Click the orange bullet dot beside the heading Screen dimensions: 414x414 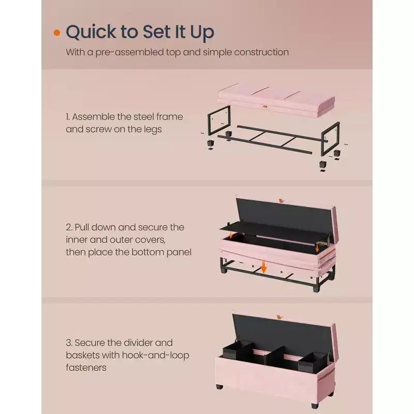pyautogui.click(x=57, y=33)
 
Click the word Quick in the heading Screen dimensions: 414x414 pyautogui.click(x=91, y=32)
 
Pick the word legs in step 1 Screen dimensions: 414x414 pyautogui.click(x=153, y=130)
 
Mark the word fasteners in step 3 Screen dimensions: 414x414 pyautogui.click(x=86, y=367)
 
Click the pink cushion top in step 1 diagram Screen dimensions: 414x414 pyautogui.click(x=276, y=100)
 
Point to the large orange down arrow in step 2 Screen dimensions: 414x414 pyautogui.click(x=263, y=267)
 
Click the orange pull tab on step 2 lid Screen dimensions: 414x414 pyautogui.click(x=280, y=201)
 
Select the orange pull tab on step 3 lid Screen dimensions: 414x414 pyautogui.click(x=279, y=317)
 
